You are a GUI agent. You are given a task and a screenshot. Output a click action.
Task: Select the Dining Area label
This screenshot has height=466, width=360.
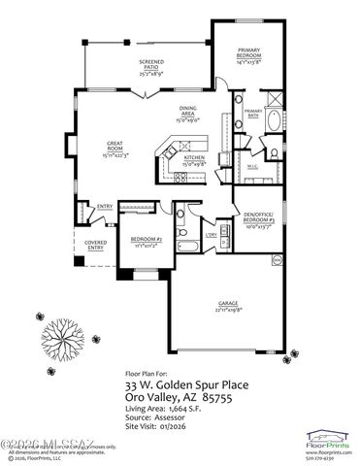(188, 112)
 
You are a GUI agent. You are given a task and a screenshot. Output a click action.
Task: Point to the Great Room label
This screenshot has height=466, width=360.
(93, 149)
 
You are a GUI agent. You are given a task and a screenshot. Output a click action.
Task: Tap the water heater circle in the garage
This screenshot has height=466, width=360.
(276, 260)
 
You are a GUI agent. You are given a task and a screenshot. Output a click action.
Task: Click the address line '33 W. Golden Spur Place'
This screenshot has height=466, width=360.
(185, 383)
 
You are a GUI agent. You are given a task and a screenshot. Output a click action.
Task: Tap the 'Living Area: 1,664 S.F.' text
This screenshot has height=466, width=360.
(163, 409)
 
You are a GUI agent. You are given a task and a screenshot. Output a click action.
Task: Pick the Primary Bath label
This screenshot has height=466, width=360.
(253, 113)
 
